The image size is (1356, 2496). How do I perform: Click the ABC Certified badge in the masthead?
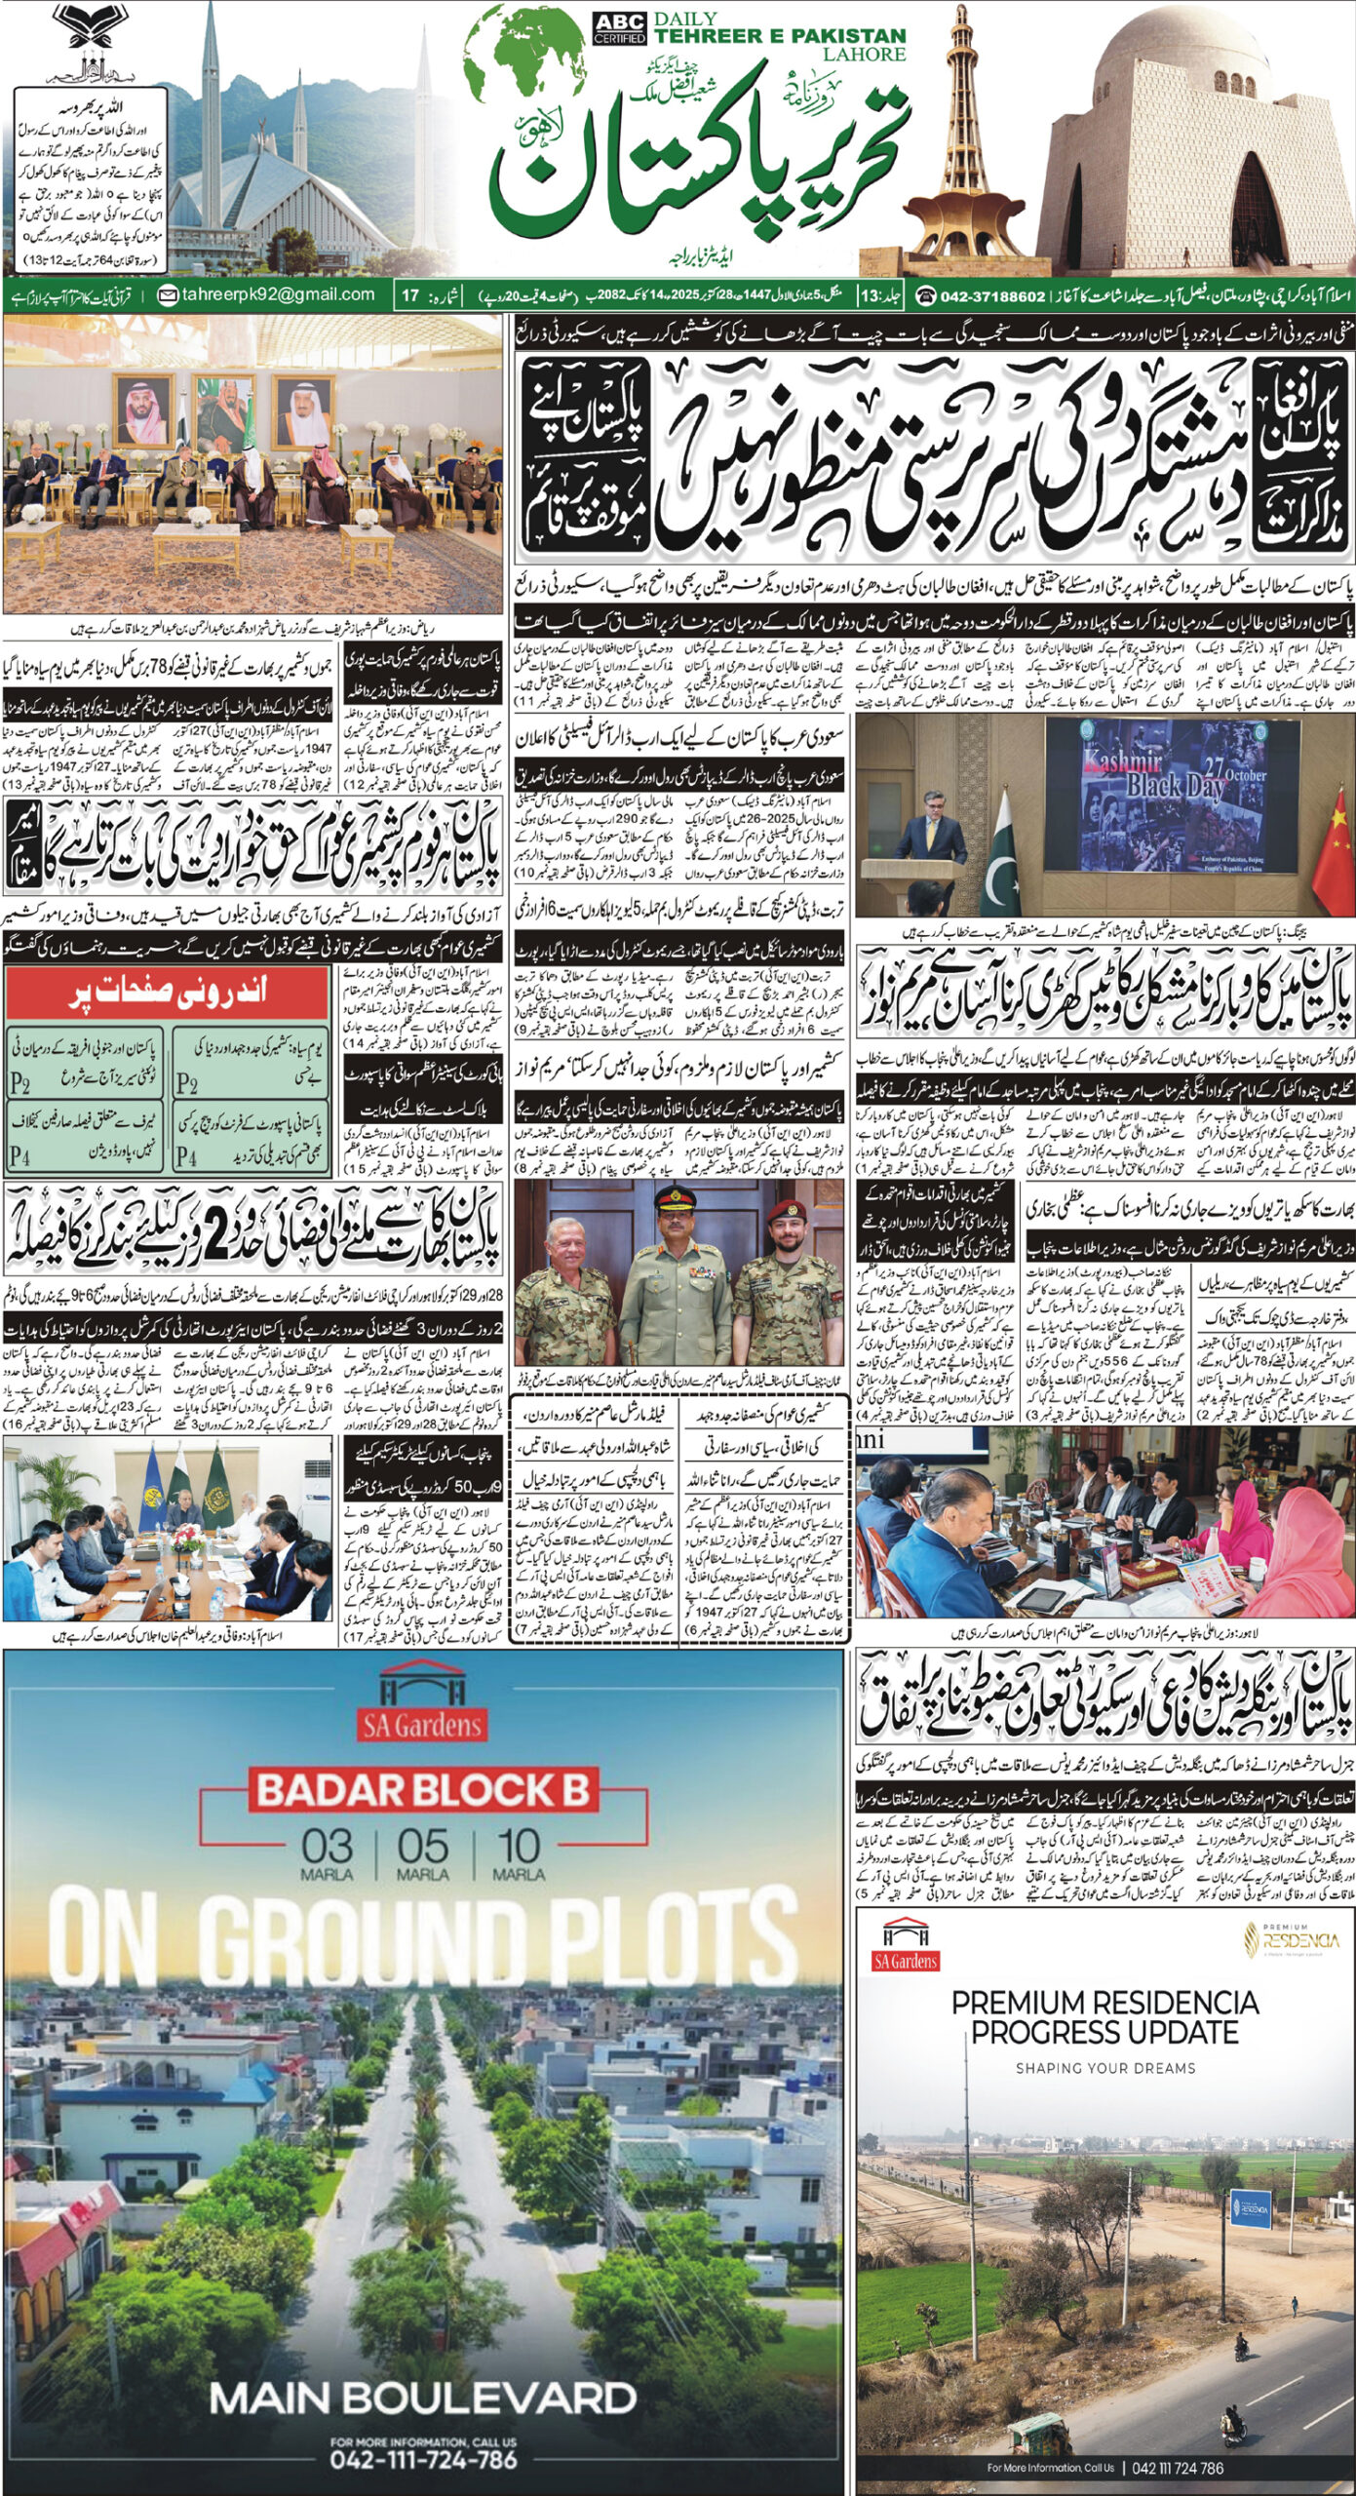click(619, 29)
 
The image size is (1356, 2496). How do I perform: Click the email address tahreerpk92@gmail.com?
click(268, 294)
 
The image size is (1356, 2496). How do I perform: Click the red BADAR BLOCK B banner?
click(423, 1790)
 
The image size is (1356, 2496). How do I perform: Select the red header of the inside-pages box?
click(167, 993)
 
